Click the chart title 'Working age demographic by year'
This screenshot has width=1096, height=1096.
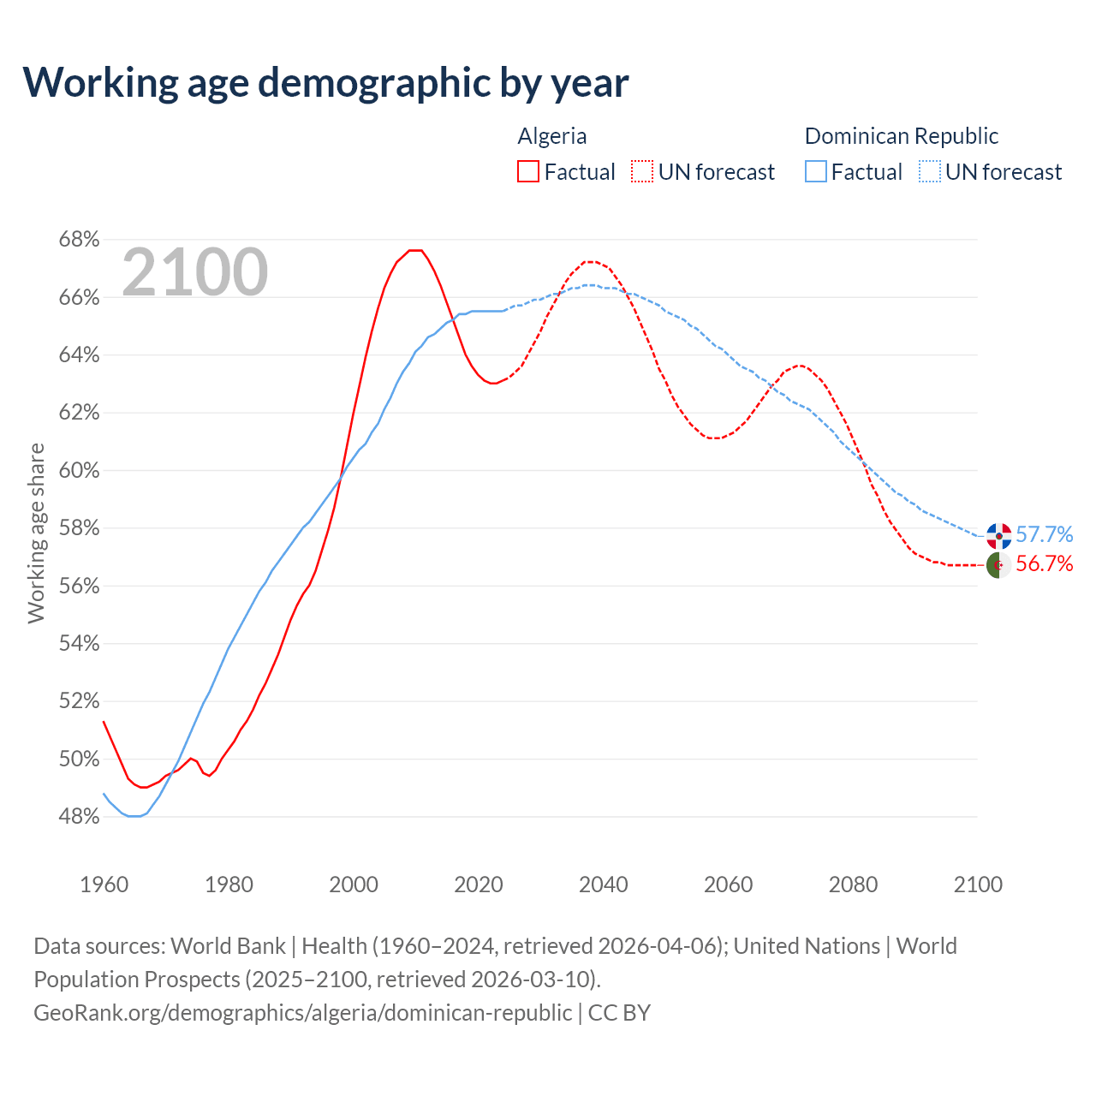click(x=325, y=82)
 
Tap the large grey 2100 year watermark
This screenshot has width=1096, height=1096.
click(x=195, y=272)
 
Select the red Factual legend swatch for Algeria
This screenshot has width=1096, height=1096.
click(x=528, y=172)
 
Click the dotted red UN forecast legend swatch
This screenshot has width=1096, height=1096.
click(x=642, y=172)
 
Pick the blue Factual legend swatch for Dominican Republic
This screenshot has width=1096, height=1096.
click(x=815, y=172)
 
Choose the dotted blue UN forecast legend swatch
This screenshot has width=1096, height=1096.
click(x=929, y=172)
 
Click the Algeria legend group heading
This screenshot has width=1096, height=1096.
click(x=552, y=136)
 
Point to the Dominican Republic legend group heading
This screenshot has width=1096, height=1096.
click(x=902, y=136)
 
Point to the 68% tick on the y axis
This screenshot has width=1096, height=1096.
click(x=79, y=240)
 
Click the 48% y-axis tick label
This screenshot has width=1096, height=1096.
click(x=79, y=817)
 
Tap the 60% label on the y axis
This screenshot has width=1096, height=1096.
click(x=79, y=471)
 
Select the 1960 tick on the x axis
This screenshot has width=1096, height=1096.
click(x=104, y=885)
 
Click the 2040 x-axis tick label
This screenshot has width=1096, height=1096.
click(x=604, y=885)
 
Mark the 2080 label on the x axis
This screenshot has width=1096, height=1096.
click(x=853, y=885)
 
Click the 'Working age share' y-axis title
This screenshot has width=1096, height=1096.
click(x=36, y=533)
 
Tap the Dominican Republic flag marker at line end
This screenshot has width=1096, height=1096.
click(x=999, y=536)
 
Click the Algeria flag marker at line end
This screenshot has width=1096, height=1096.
click(x=999, y=565)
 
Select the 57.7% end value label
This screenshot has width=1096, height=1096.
click(x=1044, y=535)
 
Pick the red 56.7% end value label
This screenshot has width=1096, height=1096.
click(x=1044, y=563)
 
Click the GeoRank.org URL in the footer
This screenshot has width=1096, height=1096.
click(x=303, y=1013)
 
